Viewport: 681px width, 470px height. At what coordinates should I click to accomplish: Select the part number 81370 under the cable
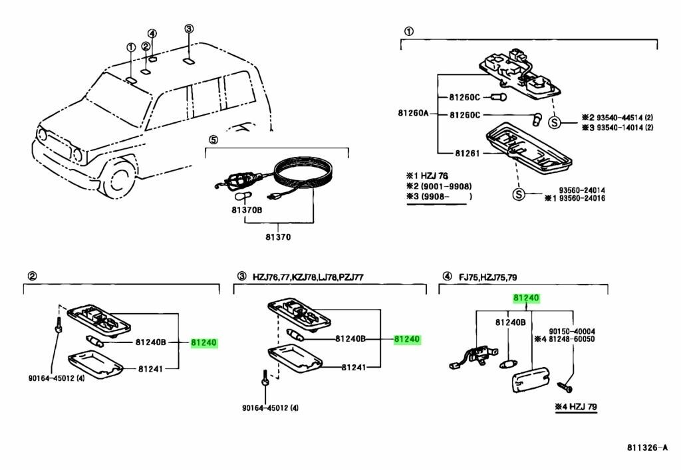point(279,237)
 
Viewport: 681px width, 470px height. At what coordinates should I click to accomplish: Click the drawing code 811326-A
point(645,447)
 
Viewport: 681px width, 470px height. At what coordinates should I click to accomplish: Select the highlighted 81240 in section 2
point(204,342)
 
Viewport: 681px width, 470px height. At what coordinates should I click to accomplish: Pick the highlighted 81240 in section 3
point(407,339)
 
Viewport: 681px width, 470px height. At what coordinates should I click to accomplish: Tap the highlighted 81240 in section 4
point(525,298)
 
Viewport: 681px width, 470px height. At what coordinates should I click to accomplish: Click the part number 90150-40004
point(571,330)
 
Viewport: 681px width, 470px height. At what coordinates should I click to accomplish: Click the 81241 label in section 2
point(150,367)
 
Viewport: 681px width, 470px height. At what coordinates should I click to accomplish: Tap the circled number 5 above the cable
point(213,140)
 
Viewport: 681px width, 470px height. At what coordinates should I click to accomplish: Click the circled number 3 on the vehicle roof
point(189,29)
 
